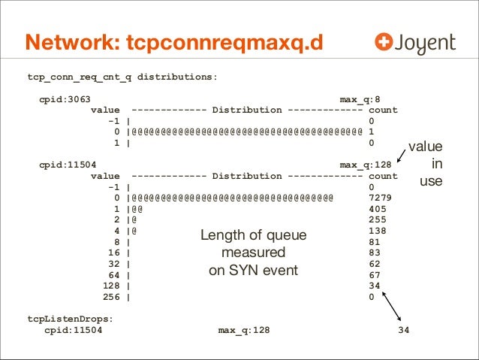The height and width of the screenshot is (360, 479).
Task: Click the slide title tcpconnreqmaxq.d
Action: click(x=174, y=44)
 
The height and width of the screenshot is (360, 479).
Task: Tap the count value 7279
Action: click(x=381, y=198)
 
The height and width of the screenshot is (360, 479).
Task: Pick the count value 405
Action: click(x=378, y=209)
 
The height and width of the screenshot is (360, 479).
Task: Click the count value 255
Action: click(x=378, y=219)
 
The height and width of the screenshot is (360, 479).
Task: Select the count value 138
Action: click(x=378, y=231)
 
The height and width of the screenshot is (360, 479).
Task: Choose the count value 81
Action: click(x=375, y=242)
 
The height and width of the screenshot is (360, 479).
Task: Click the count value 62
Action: click(x=375, y=264)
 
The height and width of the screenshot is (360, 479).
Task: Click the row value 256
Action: click(x=112, y=297)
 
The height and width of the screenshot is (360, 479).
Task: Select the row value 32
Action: click(x=115, y=264)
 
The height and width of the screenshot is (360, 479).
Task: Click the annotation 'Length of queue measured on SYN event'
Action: click(x=253, y=253)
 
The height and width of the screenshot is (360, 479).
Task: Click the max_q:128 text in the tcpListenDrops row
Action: click(x=244, y=330)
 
